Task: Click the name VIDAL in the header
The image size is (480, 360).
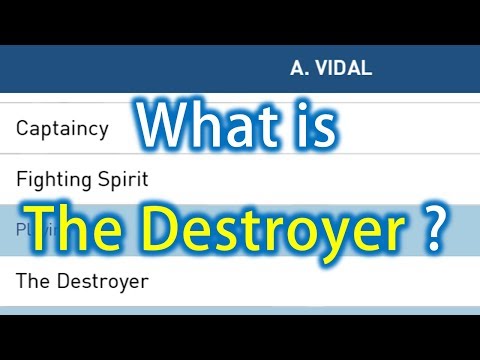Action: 344,69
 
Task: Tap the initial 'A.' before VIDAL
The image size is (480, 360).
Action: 299,69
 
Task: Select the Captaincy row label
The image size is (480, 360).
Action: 62,129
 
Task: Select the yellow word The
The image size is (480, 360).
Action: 74,228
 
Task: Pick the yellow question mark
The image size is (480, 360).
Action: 433,228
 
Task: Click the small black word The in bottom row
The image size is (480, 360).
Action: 32,281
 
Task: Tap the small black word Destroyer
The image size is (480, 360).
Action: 102,281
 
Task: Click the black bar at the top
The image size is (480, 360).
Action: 240,21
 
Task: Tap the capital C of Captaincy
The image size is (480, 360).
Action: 23,129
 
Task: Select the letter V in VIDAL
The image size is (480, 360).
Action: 322,69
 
